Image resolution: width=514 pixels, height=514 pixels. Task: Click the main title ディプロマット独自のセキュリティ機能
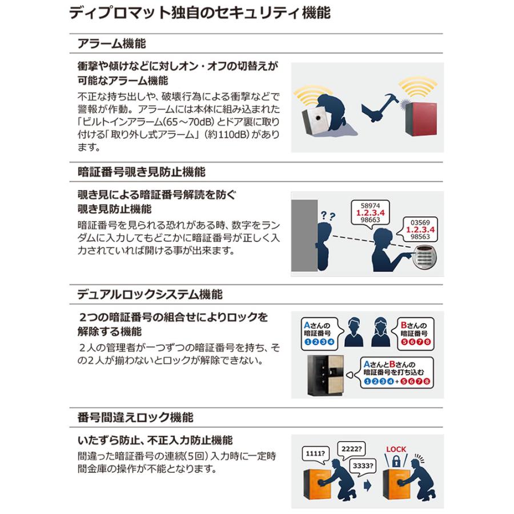200,13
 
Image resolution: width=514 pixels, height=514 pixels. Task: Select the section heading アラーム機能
112,43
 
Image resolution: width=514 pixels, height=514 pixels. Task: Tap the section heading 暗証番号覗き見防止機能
142,172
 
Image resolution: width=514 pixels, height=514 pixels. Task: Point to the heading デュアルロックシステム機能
150,294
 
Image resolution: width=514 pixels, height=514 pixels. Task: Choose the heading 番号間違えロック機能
135,417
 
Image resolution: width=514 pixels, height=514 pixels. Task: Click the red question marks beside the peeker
328,216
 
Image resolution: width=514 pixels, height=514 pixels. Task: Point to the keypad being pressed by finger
425,258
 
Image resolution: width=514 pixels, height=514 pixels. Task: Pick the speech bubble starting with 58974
370,213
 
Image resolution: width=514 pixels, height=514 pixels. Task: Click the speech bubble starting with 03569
418,230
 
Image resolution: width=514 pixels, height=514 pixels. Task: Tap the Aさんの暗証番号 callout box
320,334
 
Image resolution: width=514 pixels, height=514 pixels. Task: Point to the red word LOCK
396,449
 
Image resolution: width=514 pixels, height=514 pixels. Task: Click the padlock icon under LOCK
396,462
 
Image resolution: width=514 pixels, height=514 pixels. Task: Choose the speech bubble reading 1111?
315,455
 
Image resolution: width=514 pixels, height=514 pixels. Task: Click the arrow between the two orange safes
367,485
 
